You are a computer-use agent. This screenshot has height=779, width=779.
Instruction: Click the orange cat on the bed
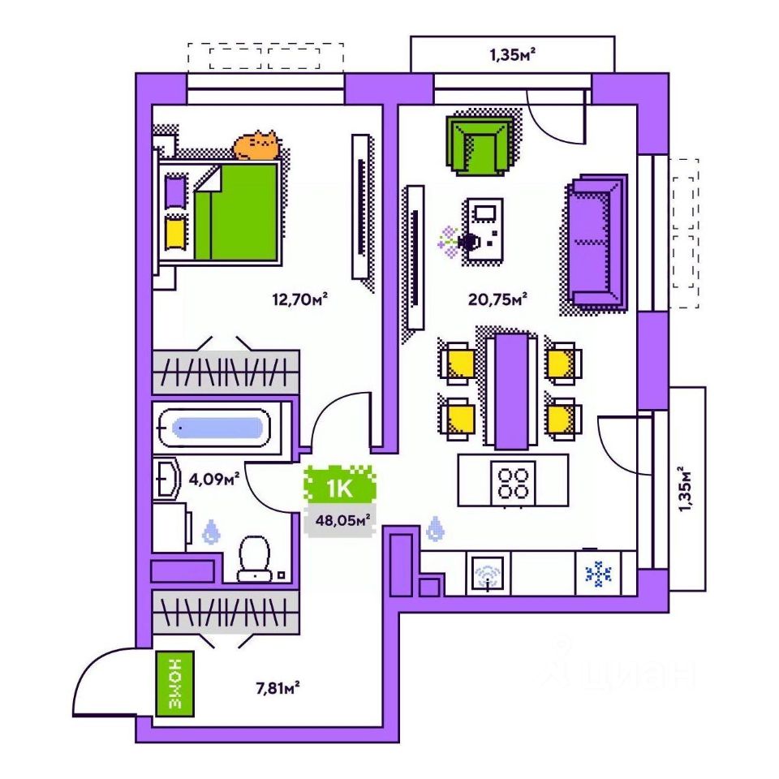256,145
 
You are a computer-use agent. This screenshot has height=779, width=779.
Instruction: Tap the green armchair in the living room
480,145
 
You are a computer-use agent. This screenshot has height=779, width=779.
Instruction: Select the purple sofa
596,242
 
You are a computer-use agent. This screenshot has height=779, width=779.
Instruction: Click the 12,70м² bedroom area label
299,299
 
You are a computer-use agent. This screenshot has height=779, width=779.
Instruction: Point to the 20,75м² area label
497,299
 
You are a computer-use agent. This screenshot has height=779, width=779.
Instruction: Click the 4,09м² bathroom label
214,480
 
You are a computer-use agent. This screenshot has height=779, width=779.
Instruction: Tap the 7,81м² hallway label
278,688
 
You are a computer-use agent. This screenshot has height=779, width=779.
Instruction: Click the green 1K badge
340,488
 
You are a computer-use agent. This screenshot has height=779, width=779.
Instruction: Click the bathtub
214,428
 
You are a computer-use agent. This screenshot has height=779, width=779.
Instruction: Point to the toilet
254,559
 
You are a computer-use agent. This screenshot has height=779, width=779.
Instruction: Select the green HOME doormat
175,684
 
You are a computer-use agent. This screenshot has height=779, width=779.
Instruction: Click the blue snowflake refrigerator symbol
599,575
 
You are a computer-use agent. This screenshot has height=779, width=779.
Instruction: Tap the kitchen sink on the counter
488,574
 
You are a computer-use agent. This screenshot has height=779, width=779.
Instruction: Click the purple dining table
512,392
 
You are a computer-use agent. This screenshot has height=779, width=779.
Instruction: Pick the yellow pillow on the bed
175,233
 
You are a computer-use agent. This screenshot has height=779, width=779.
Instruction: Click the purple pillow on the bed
175,192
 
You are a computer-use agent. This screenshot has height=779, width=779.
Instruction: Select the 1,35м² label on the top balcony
513,54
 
